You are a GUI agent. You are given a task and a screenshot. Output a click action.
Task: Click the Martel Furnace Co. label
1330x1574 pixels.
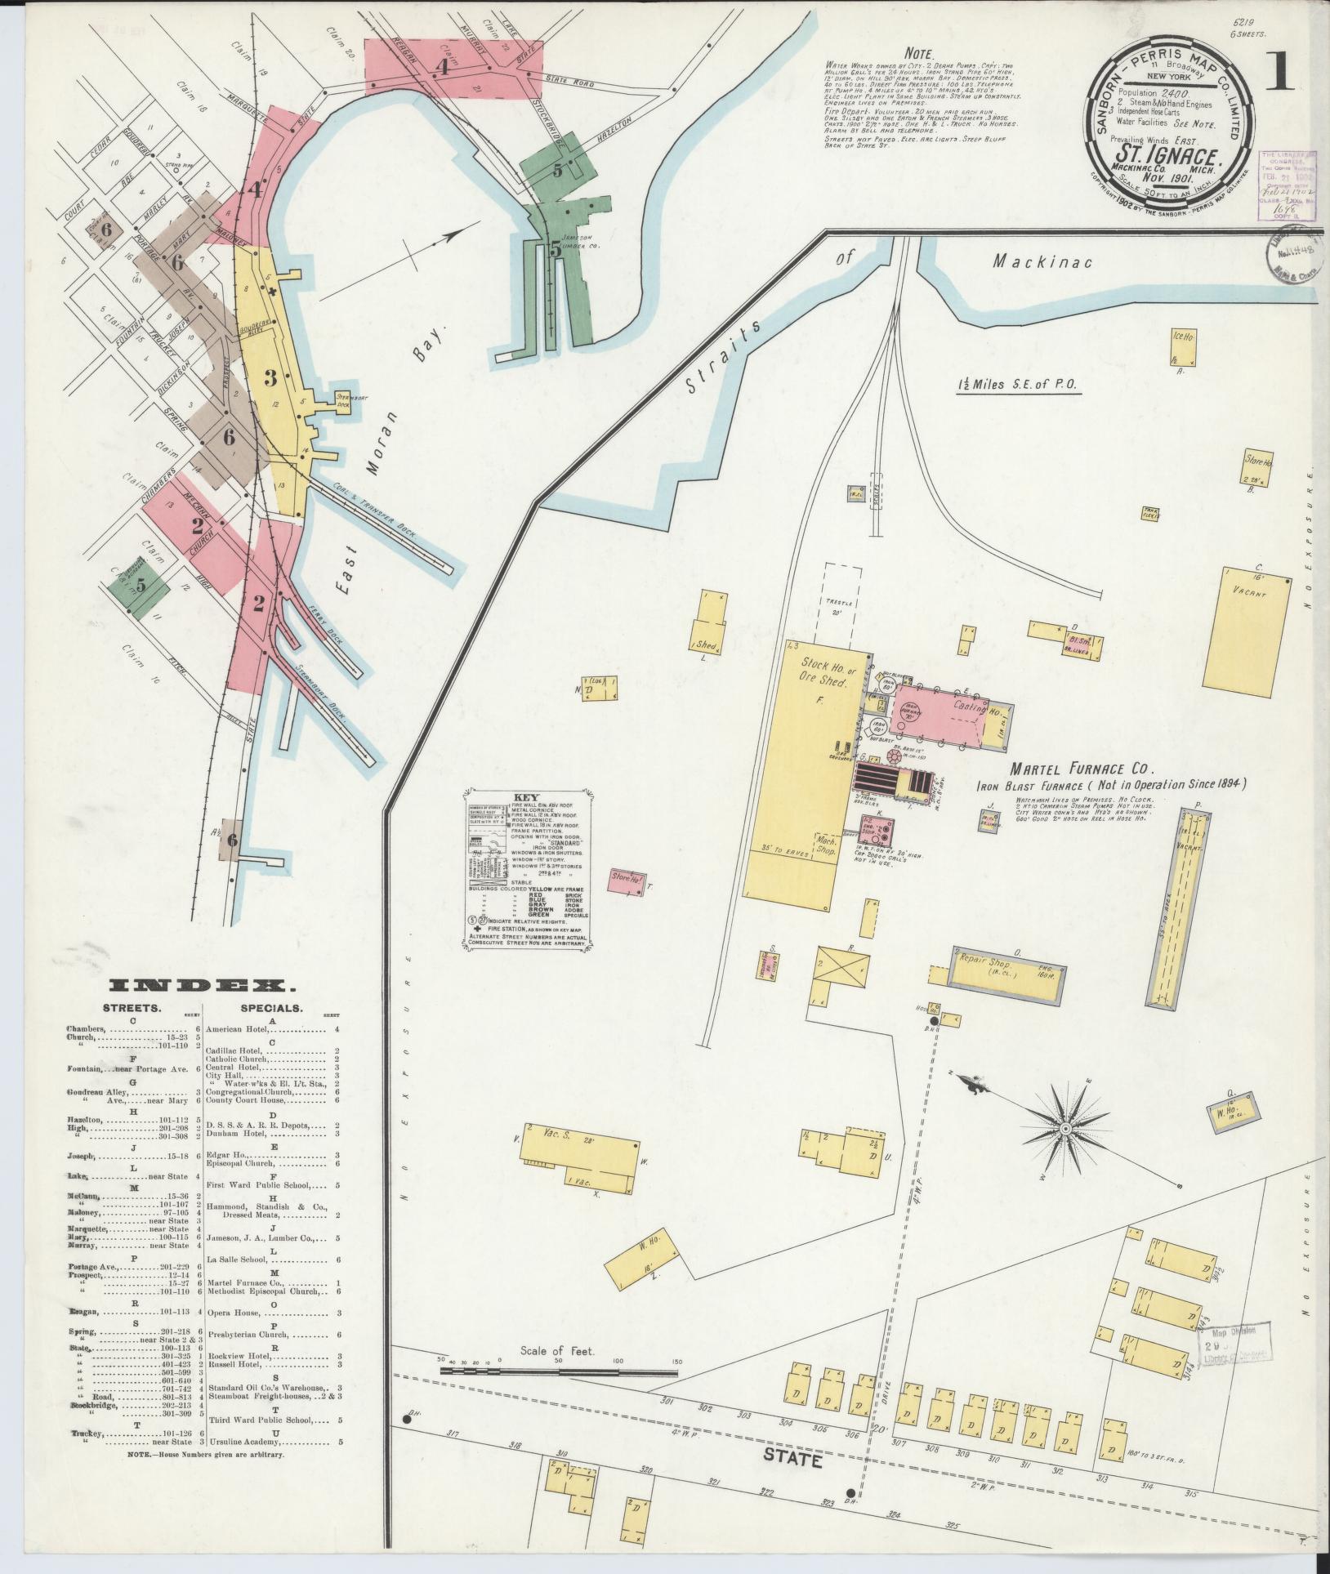click(1081, 769)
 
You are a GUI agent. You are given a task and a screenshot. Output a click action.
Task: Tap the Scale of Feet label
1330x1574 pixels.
click(558, 1350)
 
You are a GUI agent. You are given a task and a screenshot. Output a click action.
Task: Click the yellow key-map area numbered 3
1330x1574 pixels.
click(270, 377)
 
